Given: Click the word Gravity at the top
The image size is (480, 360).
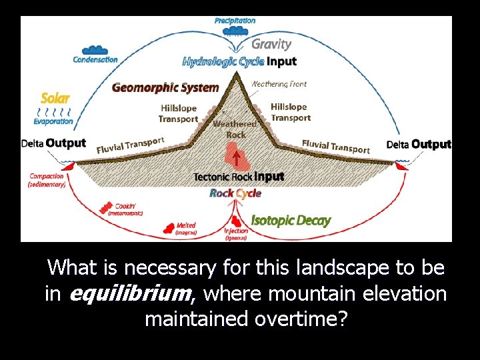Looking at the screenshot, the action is (271, 45).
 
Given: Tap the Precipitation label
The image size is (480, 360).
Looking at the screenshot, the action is (235, 21).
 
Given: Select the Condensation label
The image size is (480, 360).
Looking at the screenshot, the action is (95, 59).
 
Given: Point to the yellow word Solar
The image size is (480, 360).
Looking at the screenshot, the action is (55, 98).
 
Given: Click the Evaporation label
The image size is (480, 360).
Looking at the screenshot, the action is (53, 122).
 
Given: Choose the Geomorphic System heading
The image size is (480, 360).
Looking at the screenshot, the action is (165, 87).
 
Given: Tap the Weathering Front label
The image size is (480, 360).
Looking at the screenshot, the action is (279, 85).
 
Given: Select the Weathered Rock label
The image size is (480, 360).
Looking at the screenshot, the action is (235, 129).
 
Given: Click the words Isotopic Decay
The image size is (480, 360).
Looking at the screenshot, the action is (291, 221).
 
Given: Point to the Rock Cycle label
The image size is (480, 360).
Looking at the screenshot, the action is (235, 193).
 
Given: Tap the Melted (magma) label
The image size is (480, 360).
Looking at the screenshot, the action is (186, 229).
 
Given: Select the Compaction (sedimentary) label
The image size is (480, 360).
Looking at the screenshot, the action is (47, 180).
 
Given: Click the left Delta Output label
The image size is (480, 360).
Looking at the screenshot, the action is (53, 143).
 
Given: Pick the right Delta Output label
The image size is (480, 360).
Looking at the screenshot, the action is (419, 144).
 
